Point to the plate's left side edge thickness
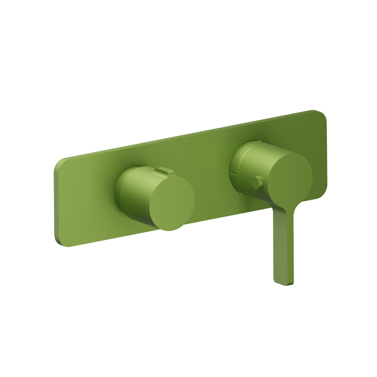tap(55, 204)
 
